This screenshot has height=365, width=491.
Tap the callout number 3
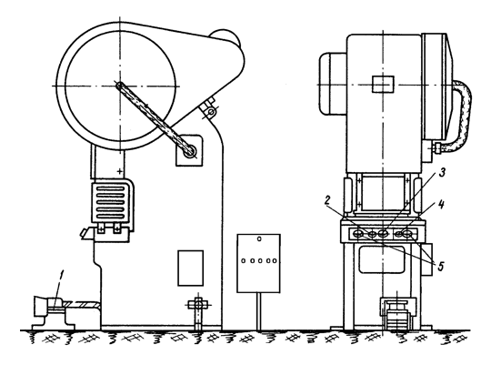[x=442, y=172]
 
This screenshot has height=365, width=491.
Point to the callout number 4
[x=441, y=205]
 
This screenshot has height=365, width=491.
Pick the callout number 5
[x=441, y=267]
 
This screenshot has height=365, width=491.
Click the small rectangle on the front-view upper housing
[x=383, y=84]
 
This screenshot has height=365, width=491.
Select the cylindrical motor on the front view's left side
[x=333, y=84]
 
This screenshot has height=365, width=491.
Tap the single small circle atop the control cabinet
[x=259, y=239]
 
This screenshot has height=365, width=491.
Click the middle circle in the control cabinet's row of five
[x=259, y=260]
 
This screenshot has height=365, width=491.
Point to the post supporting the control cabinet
[x=258, y=311]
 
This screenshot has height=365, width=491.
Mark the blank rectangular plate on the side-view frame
[x=190, y=269]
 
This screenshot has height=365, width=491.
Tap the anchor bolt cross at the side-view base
[x=197, y=304]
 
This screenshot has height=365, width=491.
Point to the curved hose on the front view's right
[x=459, y=116]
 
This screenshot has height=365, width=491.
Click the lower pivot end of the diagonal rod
[x=190, y=152]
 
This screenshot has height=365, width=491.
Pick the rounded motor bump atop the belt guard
[x=226, y=36]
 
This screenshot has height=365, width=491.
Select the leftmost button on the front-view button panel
[x=358, y=234]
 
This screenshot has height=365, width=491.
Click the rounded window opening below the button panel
[x=381, y=259]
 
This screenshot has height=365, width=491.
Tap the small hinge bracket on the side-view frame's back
[x=209, y=108]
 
